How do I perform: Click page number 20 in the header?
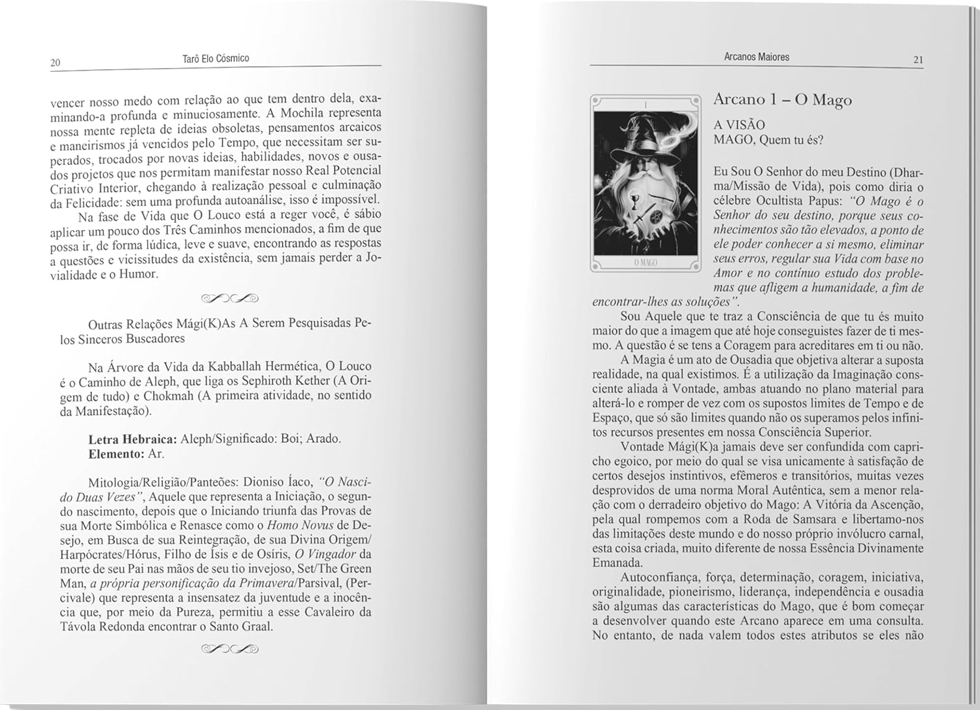[x=55, y=63]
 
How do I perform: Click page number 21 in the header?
[x=918, y=60]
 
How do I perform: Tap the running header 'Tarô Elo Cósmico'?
[x=216, y=59]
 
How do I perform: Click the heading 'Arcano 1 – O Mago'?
[x=782, y=100]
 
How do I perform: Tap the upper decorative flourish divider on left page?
[x=230, y=299]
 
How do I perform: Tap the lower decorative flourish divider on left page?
[x=230, y=649]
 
